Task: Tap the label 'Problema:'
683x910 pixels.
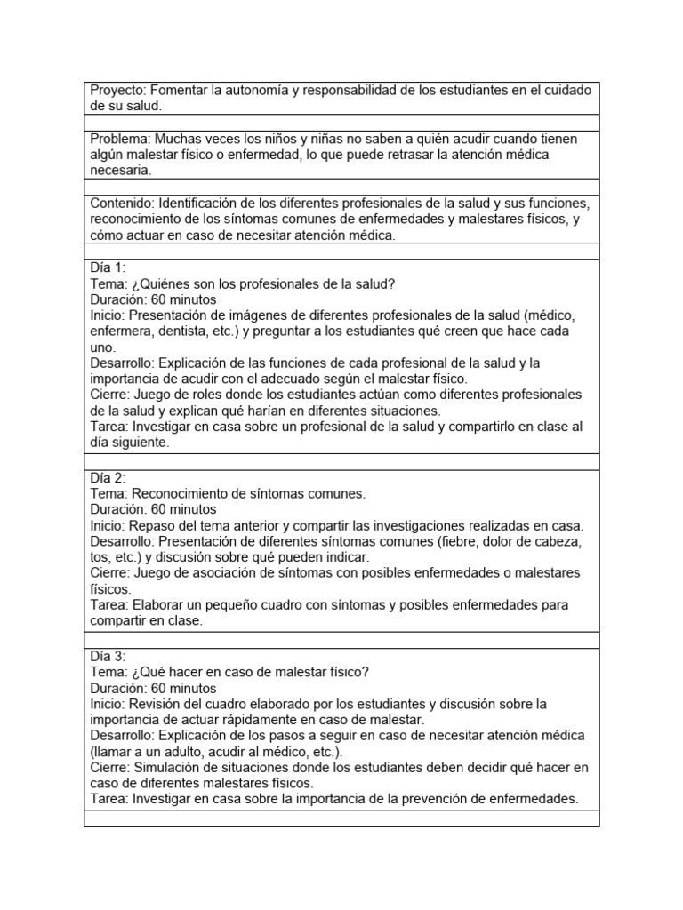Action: click(x=120, y=140)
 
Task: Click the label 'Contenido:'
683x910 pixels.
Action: click(x=122, y=204)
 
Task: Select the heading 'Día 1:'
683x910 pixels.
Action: click(x=108, y=267)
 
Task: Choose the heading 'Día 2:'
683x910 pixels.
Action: click(x=108, y=478)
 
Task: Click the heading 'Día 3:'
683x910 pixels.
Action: click(x=108, y=656)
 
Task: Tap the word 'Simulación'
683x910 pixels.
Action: click(x=173, y=768)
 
